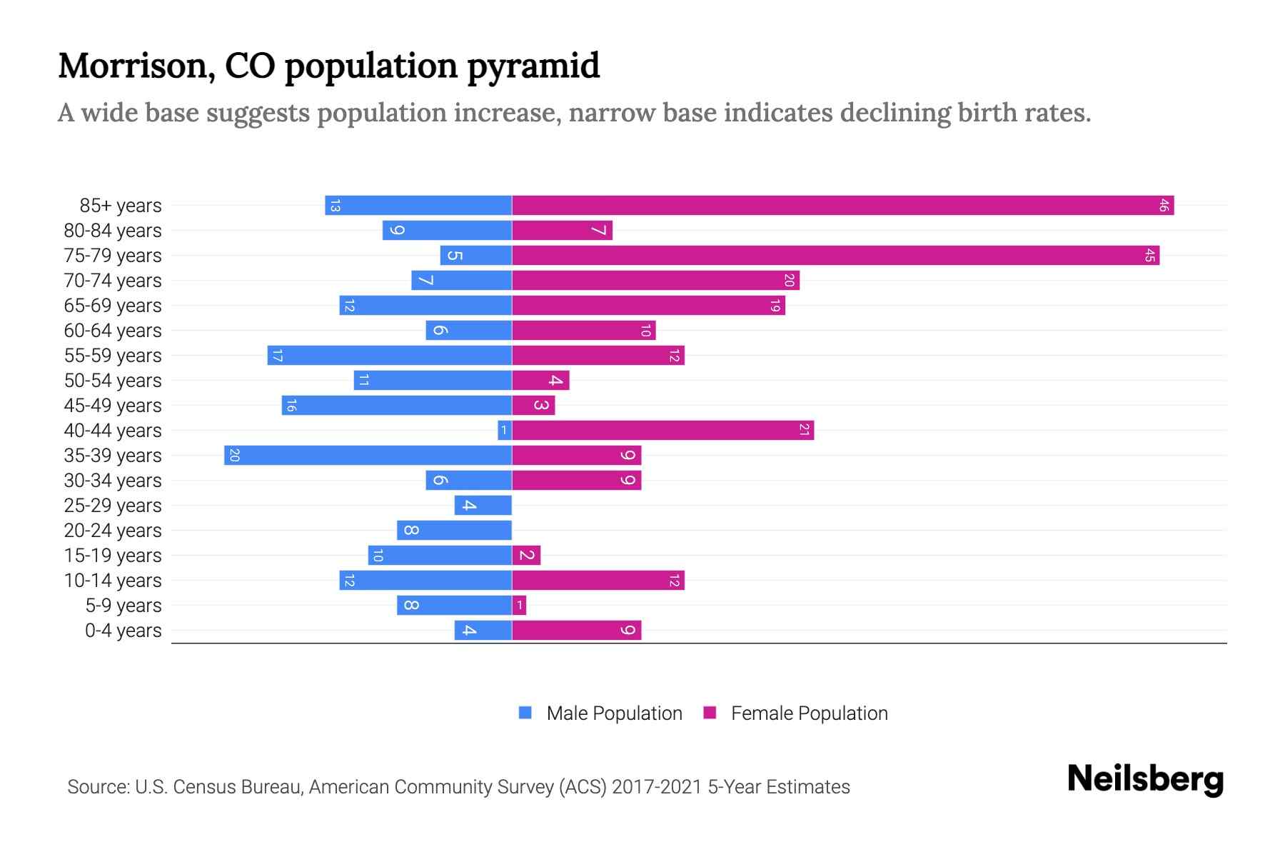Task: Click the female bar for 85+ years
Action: coord(842,206)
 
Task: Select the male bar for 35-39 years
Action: coord(368,456)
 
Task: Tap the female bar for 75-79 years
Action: coord(835,256)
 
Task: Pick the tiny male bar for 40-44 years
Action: coord(505,431)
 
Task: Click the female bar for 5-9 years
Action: coord(519,606)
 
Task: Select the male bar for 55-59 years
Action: coord(390,356)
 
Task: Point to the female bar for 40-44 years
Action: coord(662,431)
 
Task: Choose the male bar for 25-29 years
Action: coord(483,506)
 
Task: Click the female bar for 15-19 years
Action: coord(526,556)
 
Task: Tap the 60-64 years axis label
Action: coord(113,331)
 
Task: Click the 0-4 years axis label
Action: coord(123,631)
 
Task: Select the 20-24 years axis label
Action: coord(113,531)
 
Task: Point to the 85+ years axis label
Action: coord(121,206)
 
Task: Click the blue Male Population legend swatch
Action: coord(525,713)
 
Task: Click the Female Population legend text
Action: coord(809,713)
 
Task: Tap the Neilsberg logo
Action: coord(1145,779)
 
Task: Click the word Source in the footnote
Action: coord(97,787)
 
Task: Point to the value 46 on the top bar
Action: coord(1164,206)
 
